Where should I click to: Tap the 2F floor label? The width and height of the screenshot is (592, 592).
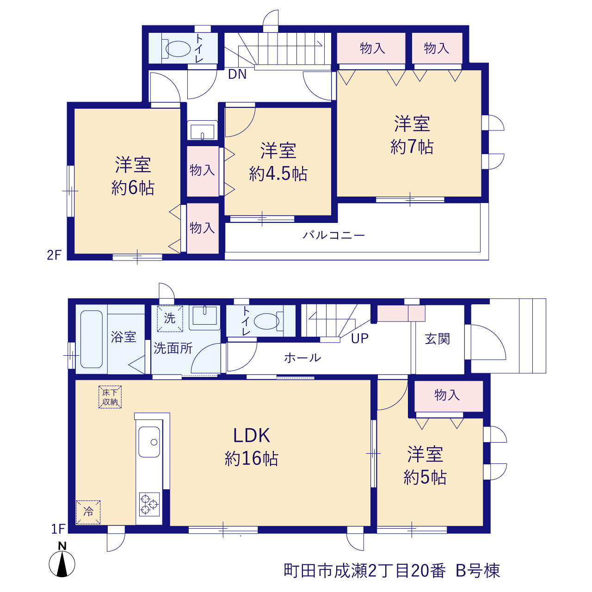(55, 255)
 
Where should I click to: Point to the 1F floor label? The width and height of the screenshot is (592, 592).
(58, 529)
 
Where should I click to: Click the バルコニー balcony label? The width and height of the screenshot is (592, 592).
(333, 235)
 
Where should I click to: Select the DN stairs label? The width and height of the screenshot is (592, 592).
(237, 74)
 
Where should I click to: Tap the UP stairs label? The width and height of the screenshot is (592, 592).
(360, 338)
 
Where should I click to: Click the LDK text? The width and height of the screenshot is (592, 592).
(252, 436)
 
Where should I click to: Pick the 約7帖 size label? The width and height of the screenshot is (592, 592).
(412, 147)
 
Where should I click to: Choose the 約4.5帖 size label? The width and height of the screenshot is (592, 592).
(278, 174)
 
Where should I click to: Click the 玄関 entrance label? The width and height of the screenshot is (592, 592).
(438, 339)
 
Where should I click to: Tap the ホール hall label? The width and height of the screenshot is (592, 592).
(302, 358)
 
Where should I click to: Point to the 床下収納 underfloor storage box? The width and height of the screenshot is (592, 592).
(110, 397)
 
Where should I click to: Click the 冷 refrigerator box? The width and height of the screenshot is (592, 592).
(88, 512)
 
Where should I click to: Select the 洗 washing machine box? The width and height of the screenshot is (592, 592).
(170, 319)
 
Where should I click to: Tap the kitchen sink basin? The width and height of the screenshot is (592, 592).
(149, 442)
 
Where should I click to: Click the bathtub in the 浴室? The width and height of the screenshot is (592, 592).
(92, 339)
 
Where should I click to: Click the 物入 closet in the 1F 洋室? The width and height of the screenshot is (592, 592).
(449, 396)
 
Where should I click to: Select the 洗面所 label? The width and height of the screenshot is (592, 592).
(173, 348)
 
